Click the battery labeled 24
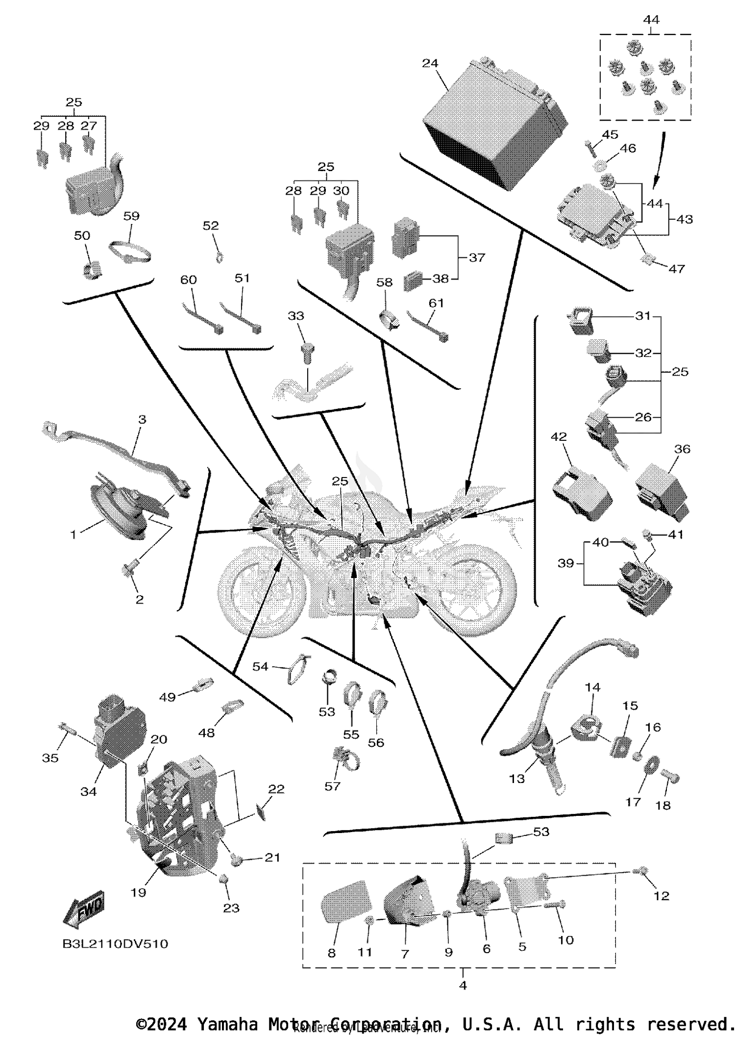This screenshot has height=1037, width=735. pyautogui.click(x=492, y=125)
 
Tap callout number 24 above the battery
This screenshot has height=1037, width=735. pyautogui.click(x=430, y=63)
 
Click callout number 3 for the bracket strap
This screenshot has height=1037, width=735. pyautogui.click(x=142, y=419)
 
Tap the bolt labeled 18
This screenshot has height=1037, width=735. pyautogui.click(x=670, y=776)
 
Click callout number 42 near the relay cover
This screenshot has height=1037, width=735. pyautogui.click(x=559, y=436)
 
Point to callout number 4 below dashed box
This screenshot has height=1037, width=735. pyautogui.click(x=463, y=985)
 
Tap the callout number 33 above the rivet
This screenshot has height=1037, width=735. pyautogui.click(x=296, y=316)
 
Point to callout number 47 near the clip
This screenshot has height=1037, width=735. pyautogui.click(x=676, y=269)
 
